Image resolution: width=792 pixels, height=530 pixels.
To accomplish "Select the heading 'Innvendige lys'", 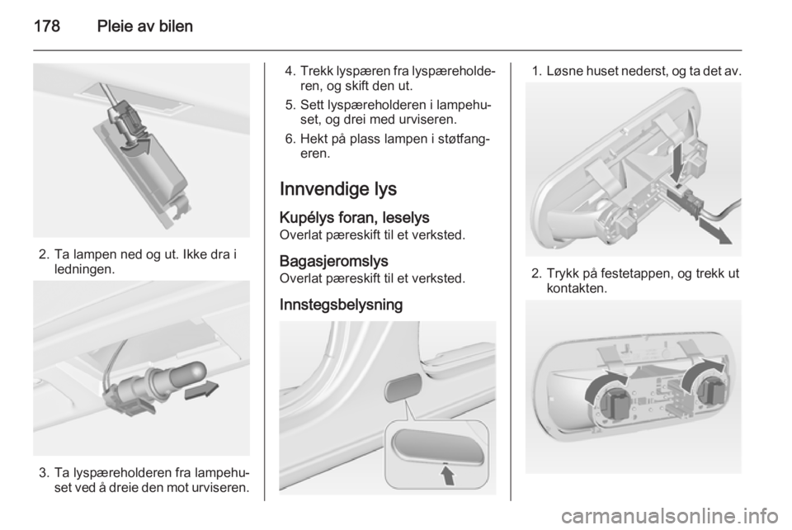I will pos(338,187).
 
